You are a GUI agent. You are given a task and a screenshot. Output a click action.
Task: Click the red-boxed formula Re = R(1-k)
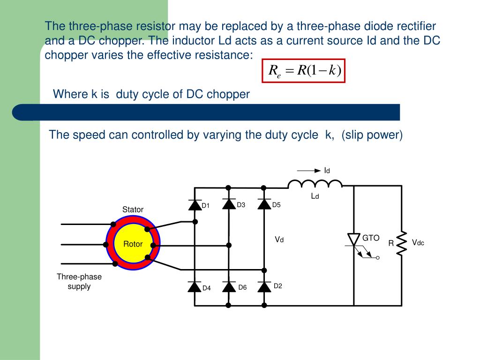coord(303,71)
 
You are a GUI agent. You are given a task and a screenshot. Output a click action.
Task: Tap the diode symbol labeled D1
coord(195,204)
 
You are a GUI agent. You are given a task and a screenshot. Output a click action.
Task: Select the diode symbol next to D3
coord(229,204)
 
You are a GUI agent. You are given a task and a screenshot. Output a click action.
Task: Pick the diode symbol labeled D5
coord(264,204)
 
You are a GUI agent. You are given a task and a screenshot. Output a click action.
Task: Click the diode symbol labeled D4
coord(195,286)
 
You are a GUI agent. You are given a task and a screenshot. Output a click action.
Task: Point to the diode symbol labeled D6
coord(229,286)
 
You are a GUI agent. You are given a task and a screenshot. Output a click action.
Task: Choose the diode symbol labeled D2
coord(264,286)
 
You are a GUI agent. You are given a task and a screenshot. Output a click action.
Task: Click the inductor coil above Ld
coord(315,183)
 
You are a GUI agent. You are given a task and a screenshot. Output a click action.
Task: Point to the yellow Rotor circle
coord(133,244)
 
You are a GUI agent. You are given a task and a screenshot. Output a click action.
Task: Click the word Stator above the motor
coord(133,210)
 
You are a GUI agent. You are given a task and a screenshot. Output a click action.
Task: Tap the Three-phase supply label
coord(79,281)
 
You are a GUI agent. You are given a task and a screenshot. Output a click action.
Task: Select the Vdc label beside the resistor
coord(418,242)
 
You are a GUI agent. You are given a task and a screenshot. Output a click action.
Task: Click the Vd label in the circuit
coord(279,240)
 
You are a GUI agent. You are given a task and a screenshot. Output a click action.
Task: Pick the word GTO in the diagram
coord(370,238)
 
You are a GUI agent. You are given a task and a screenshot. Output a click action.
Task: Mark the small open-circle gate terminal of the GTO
coord(378,258)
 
